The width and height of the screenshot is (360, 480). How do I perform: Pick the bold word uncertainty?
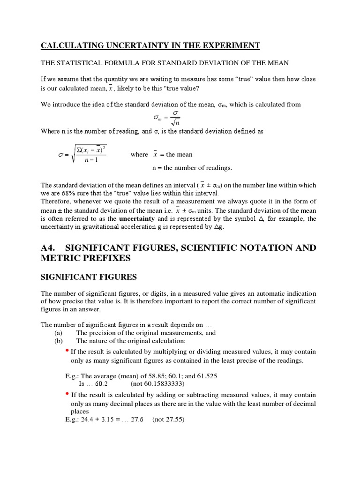137,218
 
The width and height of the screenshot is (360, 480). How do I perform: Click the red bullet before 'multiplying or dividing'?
67,351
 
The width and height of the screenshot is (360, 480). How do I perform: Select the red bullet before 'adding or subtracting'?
67,394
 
